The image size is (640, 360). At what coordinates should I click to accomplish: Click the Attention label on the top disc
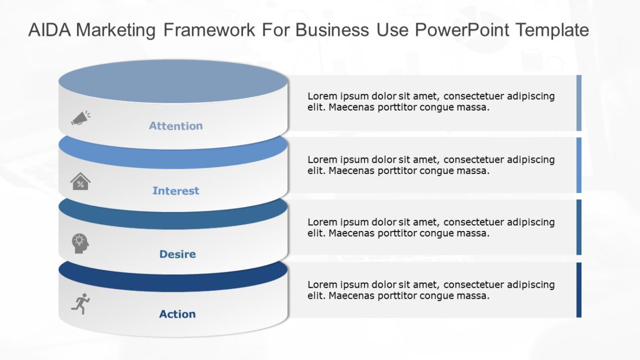[176, 126]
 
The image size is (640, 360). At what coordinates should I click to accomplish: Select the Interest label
[176, 191]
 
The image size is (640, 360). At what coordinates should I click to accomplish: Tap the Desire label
[177, 254]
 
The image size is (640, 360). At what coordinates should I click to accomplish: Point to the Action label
[177, 314]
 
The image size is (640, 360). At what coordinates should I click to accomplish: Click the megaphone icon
[80, 118]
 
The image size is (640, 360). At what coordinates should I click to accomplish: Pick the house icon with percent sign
[80, 182]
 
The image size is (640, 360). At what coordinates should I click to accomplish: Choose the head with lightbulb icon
[80, 243]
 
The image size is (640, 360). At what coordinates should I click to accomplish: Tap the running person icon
[81, 304]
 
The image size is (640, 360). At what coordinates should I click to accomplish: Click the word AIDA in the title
[49, 30]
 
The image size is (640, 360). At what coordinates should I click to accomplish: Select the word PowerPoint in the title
[462, 30]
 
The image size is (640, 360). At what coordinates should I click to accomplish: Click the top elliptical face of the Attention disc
[172, 81]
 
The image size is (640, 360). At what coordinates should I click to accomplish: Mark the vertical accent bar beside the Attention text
[579, 103]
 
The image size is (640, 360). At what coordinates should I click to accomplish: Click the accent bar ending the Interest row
[579, 165]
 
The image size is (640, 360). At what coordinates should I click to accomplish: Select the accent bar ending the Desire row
[579, 227]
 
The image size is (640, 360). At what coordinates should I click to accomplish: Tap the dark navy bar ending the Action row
[579, 290]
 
